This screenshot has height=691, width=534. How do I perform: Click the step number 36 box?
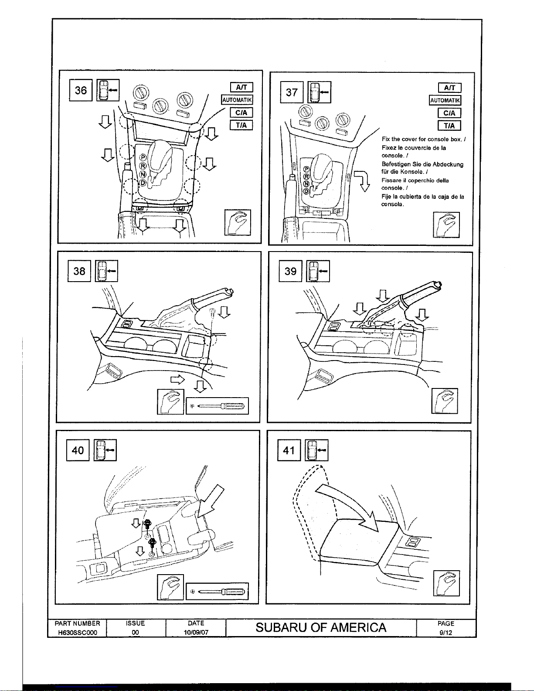tap(81, 90)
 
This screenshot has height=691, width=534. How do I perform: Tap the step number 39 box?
tap(290, 271)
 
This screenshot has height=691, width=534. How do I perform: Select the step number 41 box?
tap(289, 450)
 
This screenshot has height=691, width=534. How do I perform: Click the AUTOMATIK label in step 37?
tap(445, 100)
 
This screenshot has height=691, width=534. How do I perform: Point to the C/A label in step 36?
tap(241, 112)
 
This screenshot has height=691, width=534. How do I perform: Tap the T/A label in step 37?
tap(449, 126)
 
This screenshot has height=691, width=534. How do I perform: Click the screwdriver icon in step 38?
tap(217, 406)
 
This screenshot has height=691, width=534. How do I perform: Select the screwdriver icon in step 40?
tap(217, 591)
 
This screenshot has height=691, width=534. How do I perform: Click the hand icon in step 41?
tap(446, 583)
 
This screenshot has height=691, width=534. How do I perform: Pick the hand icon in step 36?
tap(238, 223)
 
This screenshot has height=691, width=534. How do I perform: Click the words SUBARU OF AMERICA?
tap(321, 627)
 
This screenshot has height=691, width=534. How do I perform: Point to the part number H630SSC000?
tap(77, 632)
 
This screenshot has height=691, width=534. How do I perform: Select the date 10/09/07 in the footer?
tap(196, 632)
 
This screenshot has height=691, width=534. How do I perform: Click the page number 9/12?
tap(446, 633)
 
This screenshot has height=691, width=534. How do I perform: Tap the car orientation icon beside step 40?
tap(105, 450)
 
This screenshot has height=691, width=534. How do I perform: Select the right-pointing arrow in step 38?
tap(178, 379)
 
